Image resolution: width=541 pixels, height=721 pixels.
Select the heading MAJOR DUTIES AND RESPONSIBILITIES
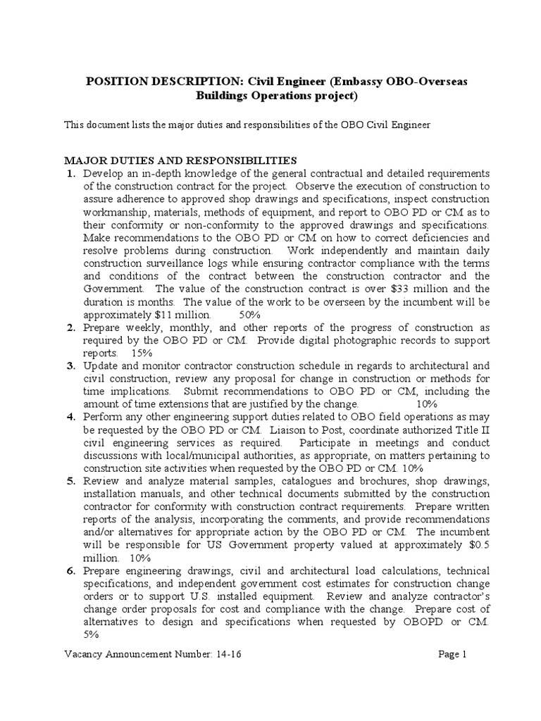181,160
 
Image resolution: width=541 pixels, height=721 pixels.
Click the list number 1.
70,173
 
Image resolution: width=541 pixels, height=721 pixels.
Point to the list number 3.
70,365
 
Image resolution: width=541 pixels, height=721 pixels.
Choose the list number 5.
70,482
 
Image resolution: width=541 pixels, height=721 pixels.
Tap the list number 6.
70,570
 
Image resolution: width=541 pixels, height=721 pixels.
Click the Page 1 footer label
453,654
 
